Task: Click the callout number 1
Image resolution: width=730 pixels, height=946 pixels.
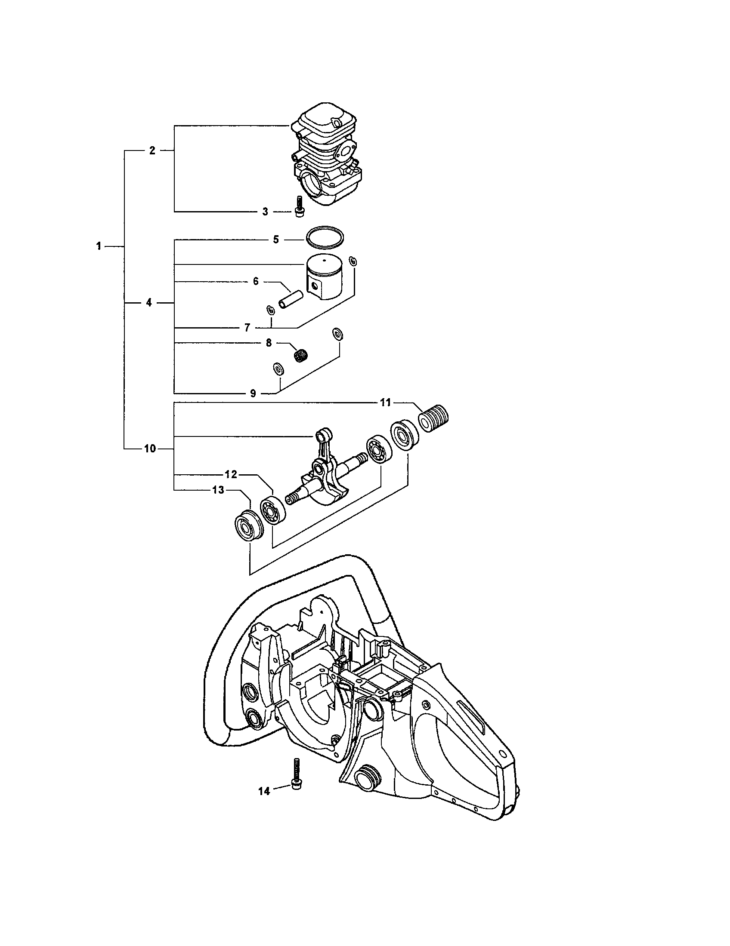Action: (99, 246)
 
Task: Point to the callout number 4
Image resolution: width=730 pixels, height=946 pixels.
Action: (148, 303)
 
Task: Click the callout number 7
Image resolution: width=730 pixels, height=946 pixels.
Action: (247, 328)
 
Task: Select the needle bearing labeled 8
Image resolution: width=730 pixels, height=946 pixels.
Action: (299, 356)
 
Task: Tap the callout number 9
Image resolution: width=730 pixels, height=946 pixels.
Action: (253, 393)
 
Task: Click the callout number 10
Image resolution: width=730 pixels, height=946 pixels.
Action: (149, 449)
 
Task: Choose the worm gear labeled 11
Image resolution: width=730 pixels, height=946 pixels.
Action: (434, 418)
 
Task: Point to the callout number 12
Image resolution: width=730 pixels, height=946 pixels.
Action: (231, 474)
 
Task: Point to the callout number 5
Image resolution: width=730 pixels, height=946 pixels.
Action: (276, 240)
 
